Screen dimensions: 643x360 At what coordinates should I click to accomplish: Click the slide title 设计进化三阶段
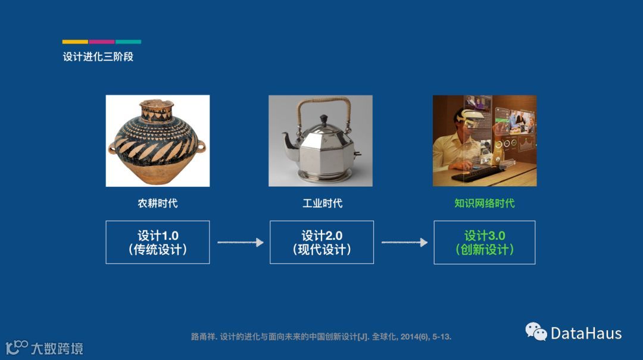coord(98,57)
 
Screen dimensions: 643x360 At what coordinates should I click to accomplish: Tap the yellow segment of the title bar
coord(75,42)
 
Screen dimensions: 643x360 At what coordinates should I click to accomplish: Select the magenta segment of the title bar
coord(102,42)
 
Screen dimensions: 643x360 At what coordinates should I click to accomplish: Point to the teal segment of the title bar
coord(128,42)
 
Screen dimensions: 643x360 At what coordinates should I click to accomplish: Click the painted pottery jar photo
coord(157,140)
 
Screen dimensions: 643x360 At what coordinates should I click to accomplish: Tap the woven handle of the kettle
coord(323,101)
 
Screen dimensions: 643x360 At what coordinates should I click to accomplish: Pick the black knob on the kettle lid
coord(323,120)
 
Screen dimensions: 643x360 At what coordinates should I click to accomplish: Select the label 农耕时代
coord(157,203)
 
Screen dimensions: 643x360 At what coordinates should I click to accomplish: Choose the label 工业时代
coord(322,203)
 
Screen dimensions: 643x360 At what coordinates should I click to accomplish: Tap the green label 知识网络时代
coord(484,203)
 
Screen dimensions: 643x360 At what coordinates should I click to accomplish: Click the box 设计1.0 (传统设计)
coord(157,242)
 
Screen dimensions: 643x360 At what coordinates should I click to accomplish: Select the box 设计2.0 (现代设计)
coord(321,242)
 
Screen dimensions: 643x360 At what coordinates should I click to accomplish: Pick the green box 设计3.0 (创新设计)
coord(484,242)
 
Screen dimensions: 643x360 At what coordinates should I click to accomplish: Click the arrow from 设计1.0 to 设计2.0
coord(241,242)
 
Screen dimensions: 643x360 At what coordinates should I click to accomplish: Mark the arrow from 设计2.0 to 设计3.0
coord(404,242)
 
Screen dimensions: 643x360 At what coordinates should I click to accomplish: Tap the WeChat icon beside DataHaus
coord(536,331)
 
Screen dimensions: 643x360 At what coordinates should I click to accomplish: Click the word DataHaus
coord(586,333)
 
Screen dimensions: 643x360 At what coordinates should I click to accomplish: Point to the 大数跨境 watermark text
coord(57,349)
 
